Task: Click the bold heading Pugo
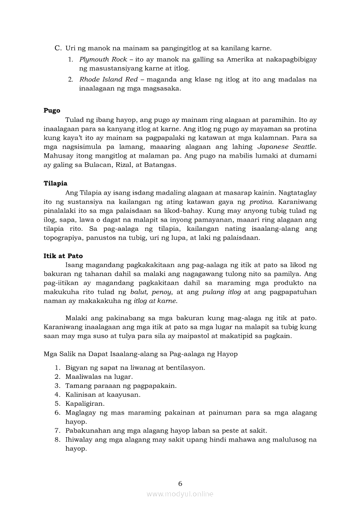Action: (x=52, y=111)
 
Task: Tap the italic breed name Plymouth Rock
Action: (x=103, y=59)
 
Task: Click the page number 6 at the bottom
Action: (x=180, y=483)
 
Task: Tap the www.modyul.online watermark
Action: (x=180, y=494)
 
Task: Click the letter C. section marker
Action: (x=58, y=48)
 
